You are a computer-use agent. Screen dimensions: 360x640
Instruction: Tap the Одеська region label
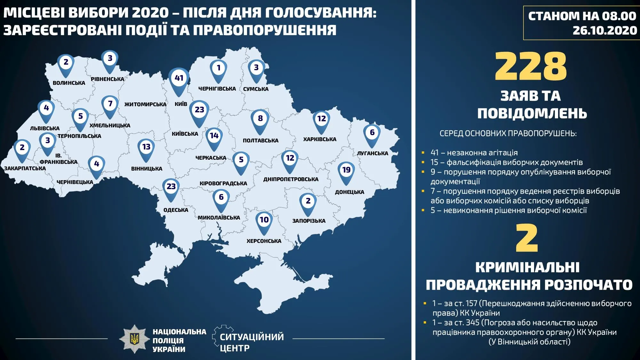pos(176,210)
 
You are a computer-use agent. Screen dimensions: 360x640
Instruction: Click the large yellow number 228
pos(531,67)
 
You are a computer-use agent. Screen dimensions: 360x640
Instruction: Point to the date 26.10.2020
pos(605,30)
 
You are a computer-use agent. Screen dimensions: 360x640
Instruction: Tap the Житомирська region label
pos(145,104)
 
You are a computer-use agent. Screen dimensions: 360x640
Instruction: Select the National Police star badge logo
pos(135,339)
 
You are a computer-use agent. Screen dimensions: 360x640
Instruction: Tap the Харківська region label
pos(320,139)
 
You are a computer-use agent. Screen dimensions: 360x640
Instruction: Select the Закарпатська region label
pos(25,168)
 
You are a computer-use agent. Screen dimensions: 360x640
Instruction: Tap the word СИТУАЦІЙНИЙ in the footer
pos(252,337)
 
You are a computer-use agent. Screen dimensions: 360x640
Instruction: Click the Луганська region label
pos(372,153)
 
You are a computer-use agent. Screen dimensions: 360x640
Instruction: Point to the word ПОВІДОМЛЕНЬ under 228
pos(532,113)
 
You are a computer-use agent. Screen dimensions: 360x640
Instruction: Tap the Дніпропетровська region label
pos(291,179)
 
